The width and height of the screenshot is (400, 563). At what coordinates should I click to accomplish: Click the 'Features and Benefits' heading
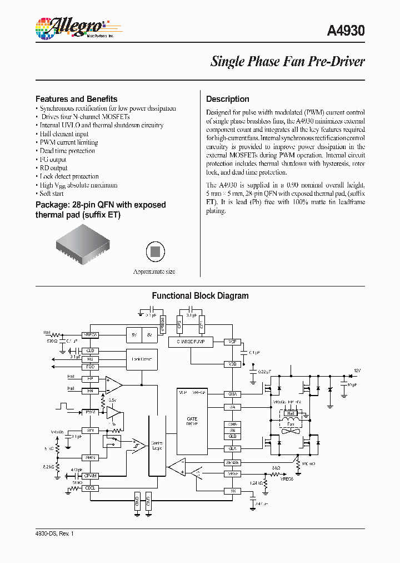click(76, 99)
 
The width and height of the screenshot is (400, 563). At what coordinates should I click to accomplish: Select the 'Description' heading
click(227, 99)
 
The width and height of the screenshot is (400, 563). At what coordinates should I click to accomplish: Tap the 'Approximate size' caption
click(154, 271)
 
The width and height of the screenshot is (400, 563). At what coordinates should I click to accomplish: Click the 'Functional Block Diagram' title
click(200, 296)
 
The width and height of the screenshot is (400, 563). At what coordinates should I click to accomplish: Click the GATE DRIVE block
click(192, 421)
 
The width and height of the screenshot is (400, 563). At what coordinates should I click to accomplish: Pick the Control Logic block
click(157, 446)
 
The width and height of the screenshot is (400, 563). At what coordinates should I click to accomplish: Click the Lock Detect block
click(142, 359)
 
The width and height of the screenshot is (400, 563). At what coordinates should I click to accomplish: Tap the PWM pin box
click(89, 412)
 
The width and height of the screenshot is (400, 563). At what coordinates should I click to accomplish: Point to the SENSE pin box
click(232, 462)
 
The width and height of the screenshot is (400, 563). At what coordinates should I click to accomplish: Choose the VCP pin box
click(232, 342)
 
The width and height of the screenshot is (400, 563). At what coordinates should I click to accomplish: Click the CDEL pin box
click(89, 488)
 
